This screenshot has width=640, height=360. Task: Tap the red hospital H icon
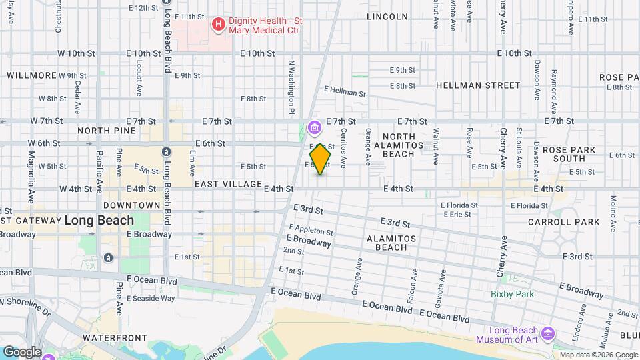tap(217, 25)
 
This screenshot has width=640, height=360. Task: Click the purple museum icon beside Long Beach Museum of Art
tap(547, 333)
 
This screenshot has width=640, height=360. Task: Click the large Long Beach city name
tap(99, 220)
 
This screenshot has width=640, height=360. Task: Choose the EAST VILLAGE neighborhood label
tap(228, 183)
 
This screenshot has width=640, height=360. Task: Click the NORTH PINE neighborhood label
tap(106, 131)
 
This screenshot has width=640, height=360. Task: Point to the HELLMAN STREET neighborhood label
tap(477, 85)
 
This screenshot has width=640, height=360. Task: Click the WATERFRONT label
tap(110, 339)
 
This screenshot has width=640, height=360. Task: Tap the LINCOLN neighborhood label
tap(387, 17)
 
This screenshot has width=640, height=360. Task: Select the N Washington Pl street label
tap(291, 87)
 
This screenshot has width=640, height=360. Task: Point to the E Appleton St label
tap(311, 231)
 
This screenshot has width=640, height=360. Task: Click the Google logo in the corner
tap(22, 351)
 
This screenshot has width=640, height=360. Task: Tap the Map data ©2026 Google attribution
tap(598, 355)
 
